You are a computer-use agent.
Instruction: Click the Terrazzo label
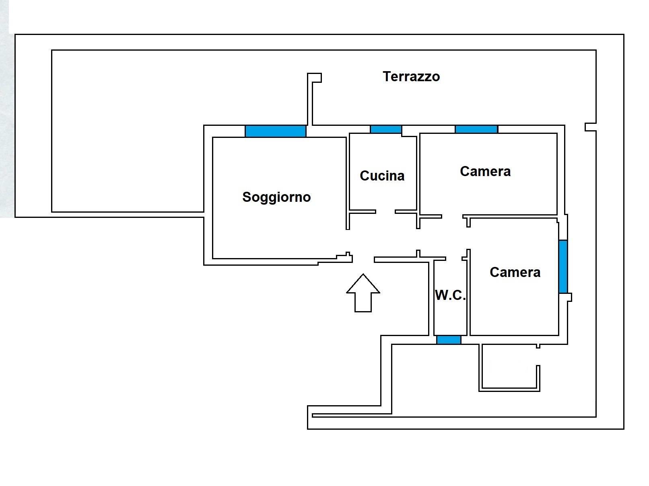[x=411, y=76]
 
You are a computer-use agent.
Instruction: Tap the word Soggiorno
[x=276, y=197]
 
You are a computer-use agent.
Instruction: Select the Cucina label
[x=382, y=176]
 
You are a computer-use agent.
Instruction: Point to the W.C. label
[x=450, y=295]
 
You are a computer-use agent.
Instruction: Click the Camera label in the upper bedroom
[x=485, y=171]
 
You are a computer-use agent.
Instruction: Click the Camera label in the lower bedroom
[x=515, y=272]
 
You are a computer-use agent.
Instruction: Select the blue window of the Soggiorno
[x=276, y=131]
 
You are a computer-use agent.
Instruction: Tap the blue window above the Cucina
[x=386, y=129]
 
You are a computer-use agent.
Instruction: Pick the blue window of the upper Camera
[x=476, y=129]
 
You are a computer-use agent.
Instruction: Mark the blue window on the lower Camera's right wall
[x=563, y=267]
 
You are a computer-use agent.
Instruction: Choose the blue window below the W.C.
[x=449, y=340]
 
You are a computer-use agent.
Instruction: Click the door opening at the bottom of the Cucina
[x=385, y=211]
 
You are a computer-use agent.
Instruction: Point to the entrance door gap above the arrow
[x=363, y=259]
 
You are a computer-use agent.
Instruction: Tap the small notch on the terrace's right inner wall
[x=590, y=127]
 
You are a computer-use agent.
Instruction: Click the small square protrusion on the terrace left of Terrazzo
[x=315, y=78]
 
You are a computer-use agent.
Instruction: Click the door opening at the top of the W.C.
[x=454, y=258]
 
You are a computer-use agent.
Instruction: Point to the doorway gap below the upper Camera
[x=452, y=217]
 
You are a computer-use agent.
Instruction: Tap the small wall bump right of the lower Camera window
[x=569, y=297]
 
